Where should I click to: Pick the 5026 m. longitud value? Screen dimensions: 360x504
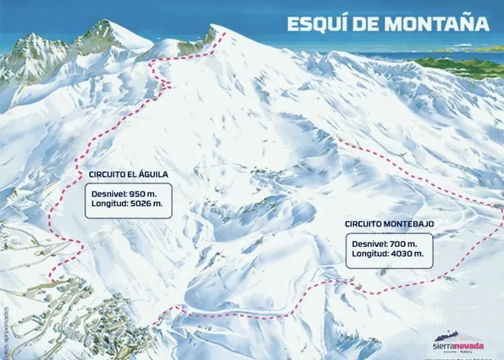[153, 204]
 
